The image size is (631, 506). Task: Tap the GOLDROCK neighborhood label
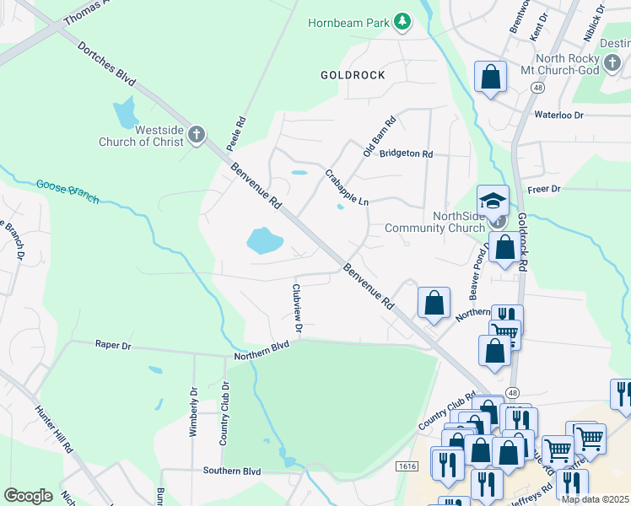[353, 75]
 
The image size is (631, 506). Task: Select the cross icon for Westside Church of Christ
[196, 134]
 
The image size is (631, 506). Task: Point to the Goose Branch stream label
[67, 191]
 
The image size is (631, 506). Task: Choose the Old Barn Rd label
[379, 137]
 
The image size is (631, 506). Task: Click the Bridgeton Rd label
[406, 154]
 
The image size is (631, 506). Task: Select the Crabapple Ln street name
[347, 187]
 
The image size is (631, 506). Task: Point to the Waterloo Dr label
[558, 114]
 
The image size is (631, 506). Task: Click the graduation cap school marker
[493, 201]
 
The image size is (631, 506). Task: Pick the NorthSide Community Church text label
[435, 222]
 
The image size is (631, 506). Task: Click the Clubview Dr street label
[296, 306]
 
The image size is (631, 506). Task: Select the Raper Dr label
[113, 345]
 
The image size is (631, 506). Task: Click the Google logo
[28, 495]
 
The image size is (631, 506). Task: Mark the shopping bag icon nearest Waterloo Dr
[490, 78]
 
